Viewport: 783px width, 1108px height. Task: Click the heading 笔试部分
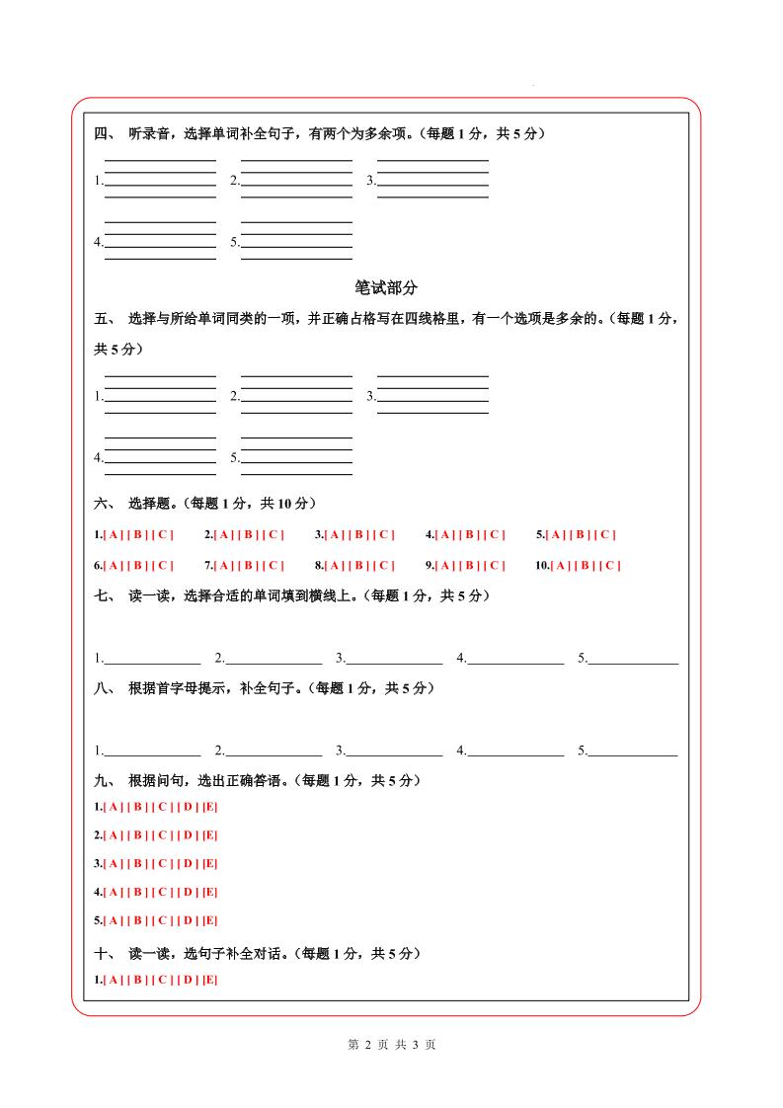point(386,287)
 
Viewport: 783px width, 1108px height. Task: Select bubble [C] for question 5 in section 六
point(604,535)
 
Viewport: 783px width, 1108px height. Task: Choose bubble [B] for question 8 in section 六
point(359,566)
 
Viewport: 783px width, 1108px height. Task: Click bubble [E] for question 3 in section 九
point(210,864)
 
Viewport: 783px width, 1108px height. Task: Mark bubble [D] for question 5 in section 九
point(188,921)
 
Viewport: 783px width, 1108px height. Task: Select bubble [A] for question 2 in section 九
point(114,835)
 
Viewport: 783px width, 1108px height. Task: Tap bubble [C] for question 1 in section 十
point(163,980)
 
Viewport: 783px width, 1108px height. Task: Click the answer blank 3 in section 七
point(394,658)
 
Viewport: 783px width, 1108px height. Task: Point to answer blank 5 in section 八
point(633,751)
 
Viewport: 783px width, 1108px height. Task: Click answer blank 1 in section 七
point(152,658)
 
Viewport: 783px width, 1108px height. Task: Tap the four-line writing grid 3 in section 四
point(432,179)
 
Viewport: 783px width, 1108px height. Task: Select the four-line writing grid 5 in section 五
point(296,456)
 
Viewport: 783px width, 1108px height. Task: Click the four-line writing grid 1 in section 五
point(160,395)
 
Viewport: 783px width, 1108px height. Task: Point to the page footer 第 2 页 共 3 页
point(392,1045)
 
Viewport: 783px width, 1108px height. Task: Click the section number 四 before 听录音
point(102,134)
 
